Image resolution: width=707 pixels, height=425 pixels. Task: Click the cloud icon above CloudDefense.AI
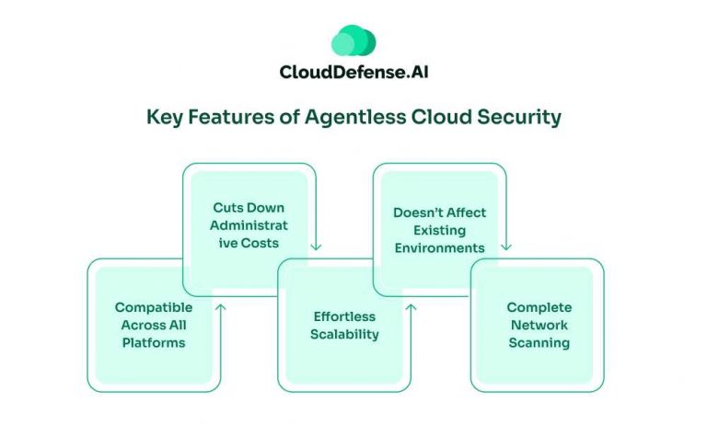353,41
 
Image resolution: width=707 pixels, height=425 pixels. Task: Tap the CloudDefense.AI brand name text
353,73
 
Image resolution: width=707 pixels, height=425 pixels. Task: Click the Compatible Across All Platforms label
154,325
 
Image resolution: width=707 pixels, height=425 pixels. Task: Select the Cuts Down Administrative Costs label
249,224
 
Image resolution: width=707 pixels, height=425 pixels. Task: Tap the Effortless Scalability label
343,326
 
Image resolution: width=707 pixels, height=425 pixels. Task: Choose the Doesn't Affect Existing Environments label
439,230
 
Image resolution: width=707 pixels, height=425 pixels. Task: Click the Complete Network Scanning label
539,325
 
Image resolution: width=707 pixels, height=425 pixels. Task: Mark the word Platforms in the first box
154,343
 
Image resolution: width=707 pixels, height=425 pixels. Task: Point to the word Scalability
343,335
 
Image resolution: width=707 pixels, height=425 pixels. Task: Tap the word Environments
439,247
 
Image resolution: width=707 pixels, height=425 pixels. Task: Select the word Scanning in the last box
539,343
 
